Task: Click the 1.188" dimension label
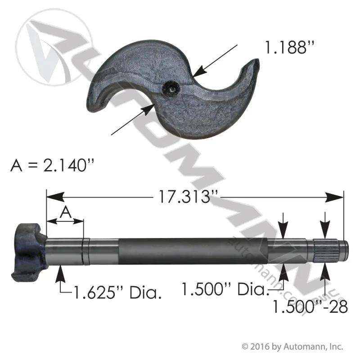[x=289, y=47]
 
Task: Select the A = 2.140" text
[x=52, y=165]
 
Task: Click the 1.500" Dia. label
[x=225, y=289]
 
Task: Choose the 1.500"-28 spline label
[x=310, y=306]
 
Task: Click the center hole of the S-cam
[x=171, y=88]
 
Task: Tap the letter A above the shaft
[x=66, y=212]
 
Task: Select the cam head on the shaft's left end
[x=29, y=252]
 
